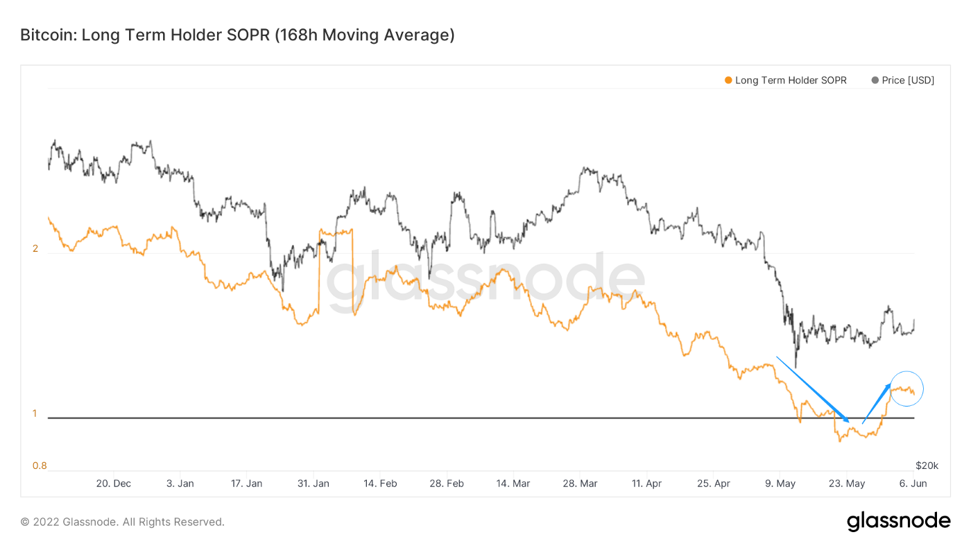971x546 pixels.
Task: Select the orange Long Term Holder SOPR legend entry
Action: coord(785,80)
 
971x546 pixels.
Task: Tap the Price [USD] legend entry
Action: coord(903,80)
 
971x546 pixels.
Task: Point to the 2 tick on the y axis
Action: coord(35,249)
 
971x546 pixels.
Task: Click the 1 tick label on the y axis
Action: coord(35,413)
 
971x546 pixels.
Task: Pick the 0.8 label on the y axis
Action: coord(39,466)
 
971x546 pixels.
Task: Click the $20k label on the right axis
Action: coord(927,465)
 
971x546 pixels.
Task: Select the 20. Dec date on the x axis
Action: coord(113,484)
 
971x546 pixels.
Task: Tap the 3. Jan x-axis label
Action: coord(180,484)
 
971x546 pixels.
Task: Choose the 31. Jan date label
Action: coord(313,484)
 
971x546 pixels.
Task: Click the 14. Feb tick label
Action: coord(380,484)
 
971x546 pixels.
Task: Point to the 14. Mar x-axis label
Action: coord(513,484)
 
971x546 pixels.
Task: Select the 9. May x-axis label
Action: coord(780,484)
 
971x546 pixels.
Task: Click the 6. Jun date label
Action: coord(912,484)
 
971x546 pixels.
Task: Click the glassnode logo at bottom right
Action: coord(898,522)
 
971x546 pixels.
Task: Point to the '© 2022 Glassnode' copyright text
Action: coord(122,522)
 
